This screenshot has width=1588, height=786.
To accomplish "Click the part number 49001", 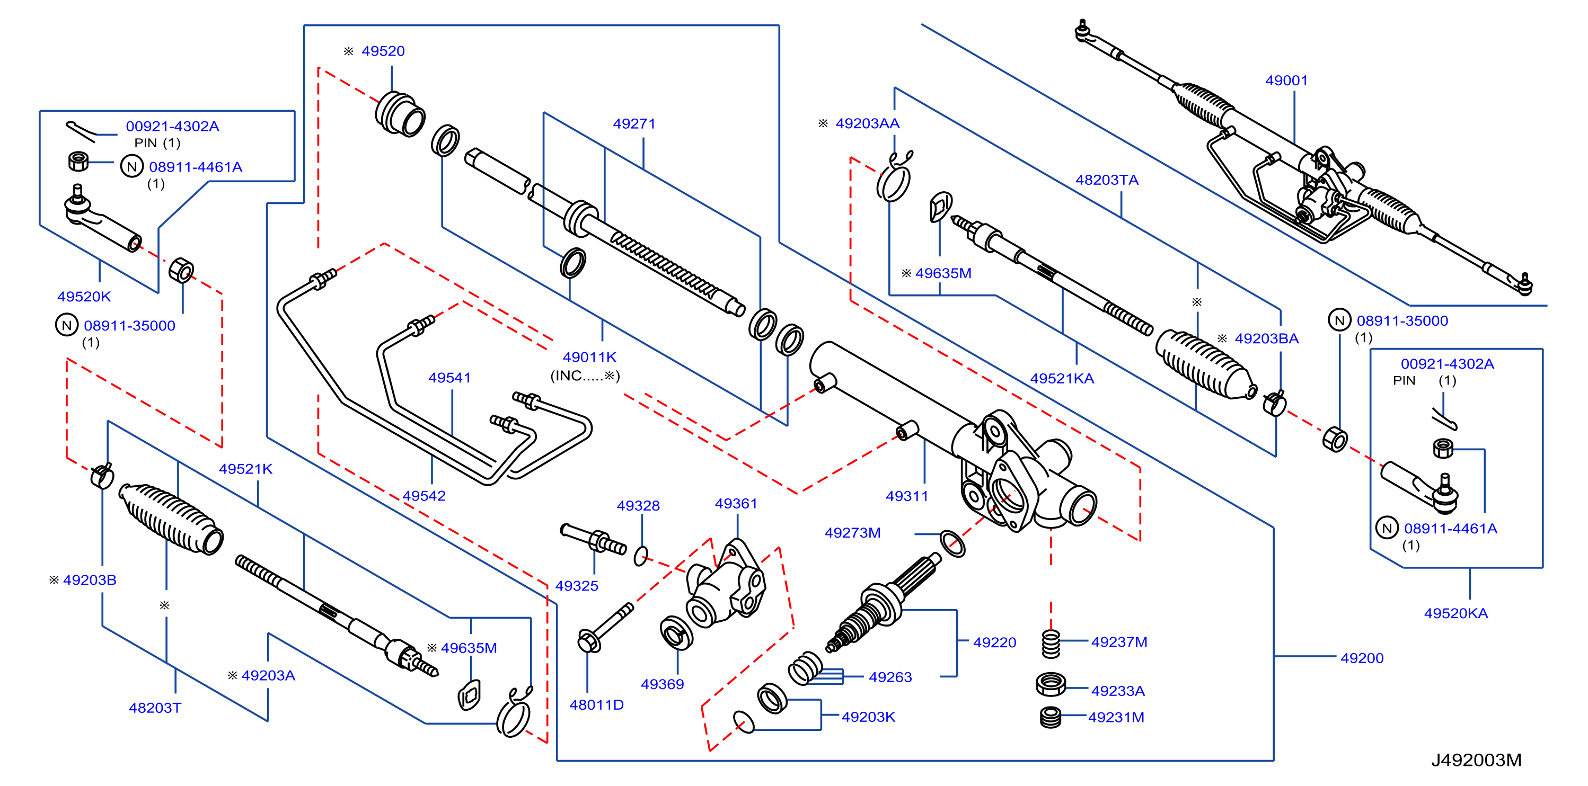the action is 1286,81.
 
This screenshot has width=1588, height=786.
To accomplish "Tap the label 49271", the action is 634,124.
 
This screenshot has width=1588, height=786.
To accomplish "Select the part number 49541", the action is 449,378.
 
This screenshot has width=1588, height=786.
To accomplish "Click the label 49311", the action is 907,496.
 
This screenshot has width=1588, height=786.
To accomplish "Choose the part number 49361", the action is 736,504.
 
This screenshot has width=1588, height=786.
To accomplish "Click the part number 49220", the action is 994,642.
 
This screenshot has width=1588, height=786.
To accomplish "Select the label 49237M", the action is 1119,642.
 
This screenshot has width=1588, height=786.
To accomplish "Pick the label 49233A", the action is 1118,691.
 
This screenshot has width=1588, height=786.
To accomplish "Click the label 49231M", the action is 1116,718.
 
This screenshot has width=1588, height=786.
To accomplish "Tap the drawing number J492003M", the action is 1476,760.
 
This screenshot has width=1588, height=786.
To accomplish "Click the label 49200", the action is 1362,658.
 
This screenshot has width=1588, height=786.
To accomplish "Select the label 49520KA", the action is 1455,613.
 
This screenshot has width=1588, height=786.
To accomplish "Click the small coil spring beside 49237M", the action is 1051,644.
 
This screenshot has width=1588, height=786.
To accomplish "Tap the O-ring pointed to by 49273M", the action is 952,544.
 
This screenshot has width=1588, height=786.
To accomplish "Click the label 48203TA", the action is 1107,180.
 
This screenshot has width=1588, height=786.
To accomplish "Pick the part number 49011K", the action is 589,358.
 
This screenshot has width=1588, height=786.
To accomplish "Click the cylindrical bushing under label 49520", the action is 400,114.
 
